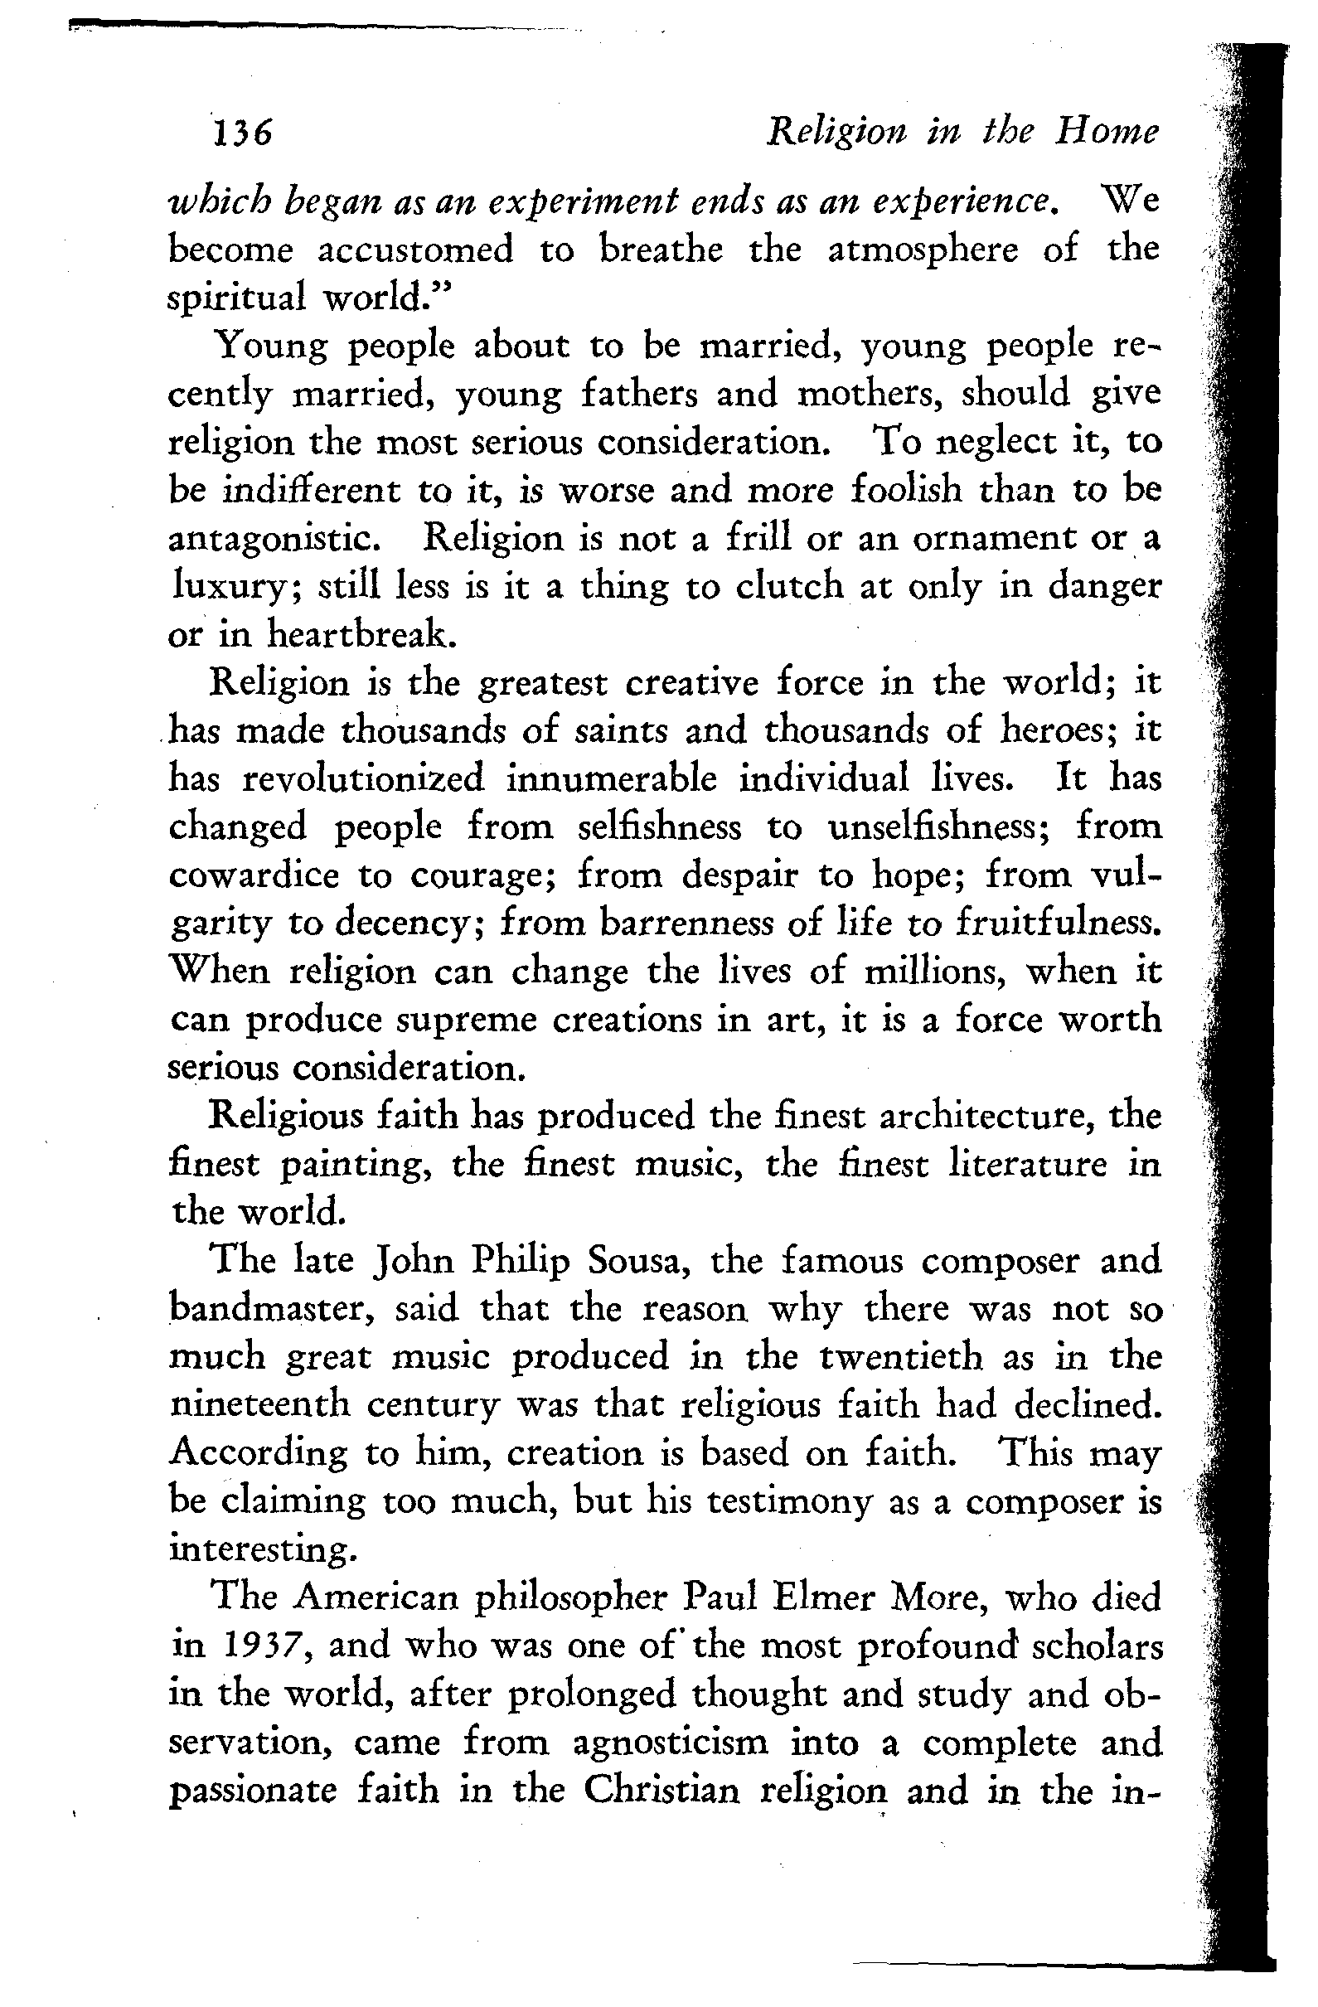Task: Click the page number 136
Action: (242, 133)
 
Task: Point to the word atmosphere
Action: (923, 250)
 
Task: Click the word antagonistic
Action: (278, 539)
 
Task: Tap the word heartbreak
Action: (362, 634)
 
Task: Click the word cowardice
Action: (254, 875)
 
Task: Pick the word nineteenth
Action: (259, 1406)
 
